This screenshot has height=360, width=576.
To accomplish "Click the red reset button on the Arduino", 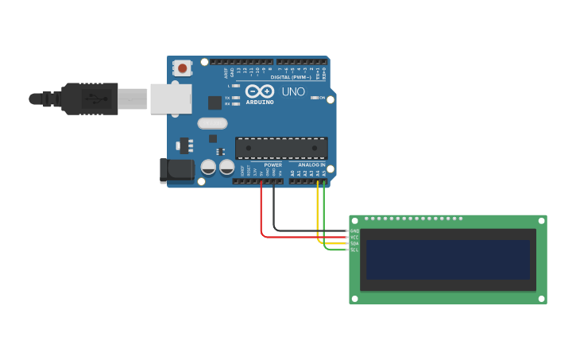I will [x=183, y=69].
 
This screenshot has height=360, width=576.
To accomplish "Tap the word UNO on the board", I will [x=293, y=91].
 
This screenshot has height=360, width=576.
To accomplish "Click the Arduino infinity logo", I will [x=259, y=91].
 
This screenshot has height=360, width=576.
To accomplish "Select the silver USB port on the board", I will [x=171, y=99].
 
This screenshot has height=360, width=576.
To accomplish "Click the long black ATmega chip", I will [x=281, y=148].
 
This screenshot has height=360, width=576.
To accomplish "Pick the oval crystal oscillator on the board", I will [x=213, y=123].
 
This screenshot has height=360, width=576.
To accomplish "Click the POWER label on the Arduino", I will [x=273, y=165].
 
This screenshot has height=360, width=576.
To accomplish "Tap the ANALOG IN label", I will [x=311, y=165].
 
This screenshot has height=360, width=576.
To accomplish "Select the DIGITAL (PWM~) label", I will [x=291, y=77].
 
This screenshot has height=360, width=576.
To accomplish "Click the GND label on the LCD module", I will [x=354, y=231].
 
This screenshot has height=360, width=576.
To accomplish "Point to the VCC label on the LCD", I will [x=354, y=237].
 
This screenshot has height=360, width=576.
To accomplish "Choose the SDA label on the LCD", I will [x=354, y=243].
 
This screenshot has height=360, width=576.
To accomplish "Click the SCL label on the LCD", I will [x=354, y=250].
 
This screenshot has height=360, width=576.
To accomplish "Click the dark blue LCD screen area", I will [x=447, y=259].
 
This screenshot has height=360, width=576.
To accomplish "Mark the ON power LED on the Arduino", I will [x=315, y=98].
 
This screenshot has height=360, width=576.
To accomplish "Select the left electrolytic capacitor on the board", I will [x=208, y=167].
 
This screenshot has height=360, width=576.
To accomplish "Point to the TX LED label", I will [x=227, y=98].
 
